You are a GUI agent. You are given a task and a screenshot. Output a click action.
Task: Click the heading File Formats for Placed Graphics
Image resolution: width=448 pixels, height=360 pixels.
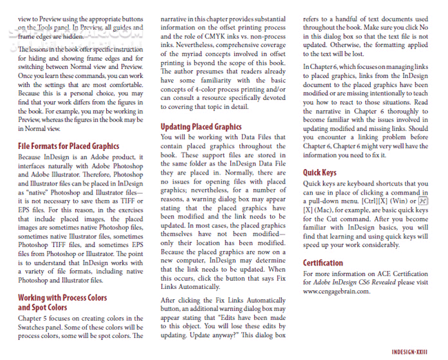(x=68, y=146)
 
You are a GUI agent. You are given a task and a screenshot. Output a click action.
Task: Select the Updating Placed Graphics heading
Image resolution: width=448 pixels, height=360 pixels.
(x=201, y=127)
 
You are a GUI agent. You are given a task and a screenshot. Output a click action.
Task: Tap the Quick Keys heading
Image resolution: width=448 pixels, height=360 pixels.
(x=320, y=172)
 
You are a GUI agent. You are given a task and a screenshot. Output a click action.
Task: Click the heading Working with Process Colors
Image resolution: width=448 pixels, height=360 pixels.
(x=62, y=298)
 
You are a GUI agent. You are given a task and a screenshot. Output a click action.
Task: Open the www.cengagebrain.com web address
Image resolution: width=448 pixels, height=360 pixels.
(x=336, y=291)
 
